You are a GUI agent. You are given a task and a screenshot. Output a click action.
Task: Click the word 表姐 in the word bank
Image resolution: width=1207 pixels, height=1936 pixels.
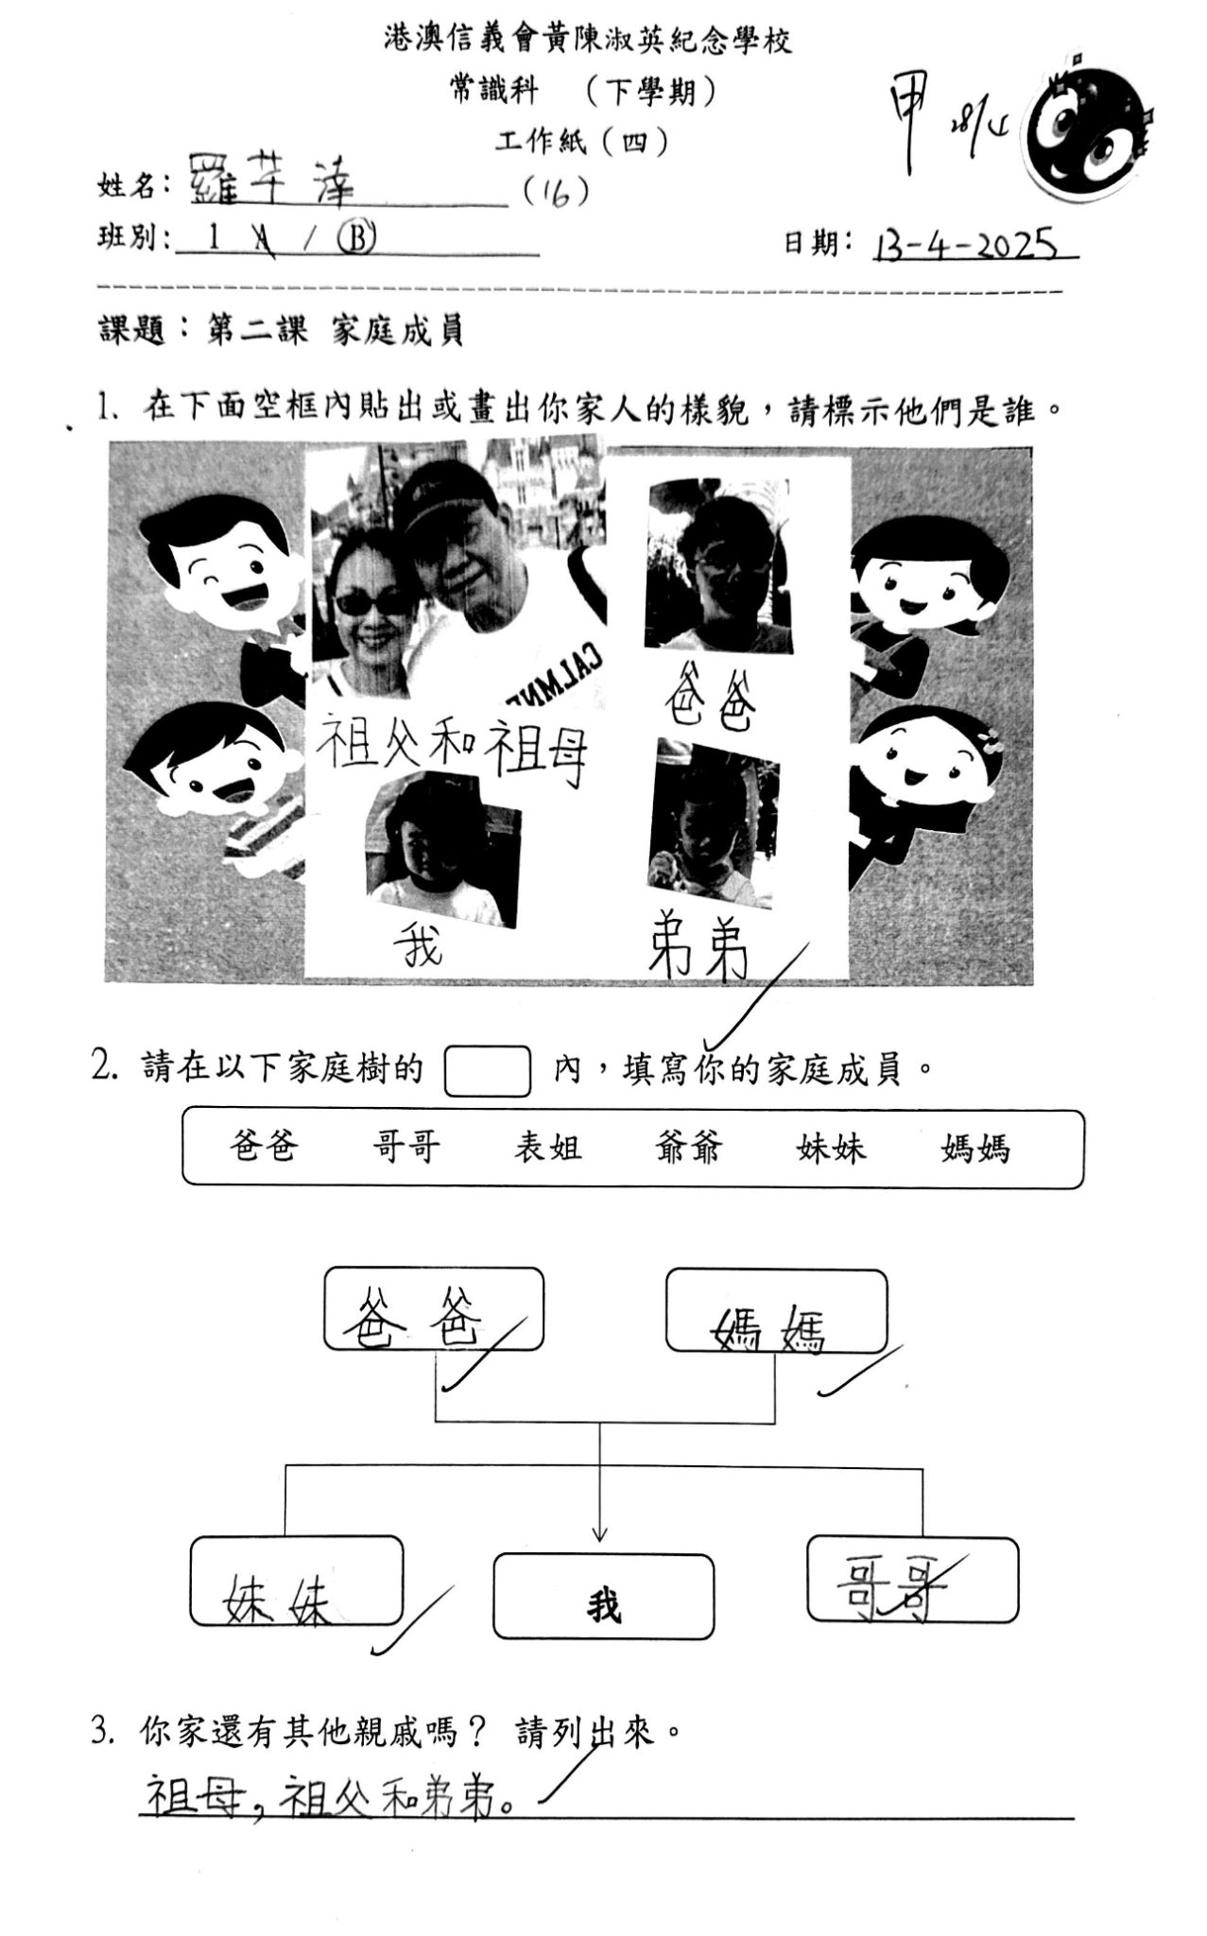547,1148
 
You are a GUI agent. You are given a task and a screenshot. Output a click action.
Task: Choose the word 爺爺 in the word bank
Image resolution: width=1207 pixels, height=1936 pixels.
688,1148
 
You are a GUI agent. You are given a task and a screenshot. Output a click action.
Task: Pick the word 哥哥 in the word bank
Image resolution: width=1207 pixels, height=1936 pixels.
405,1148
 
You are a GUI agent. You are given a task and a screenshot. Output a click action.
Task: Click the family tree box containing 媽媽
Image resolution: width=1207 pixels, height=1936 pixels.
775,1310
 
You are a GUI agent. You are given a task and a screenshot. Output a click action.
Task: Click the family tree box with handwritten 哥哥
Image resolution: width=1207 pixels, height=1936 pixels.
912,1580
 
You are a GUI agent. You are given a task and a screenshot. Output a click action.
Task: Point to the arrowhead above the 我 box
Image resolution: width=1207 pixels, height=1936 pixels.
599,1533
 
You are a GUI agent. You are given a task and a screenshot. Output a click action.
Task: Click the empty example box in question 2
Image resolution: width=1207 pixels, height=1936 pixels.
487,1070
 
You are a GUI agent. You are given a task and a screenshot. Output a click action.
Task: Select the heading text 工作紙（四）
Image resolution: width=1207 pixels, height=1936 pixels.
582,142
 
